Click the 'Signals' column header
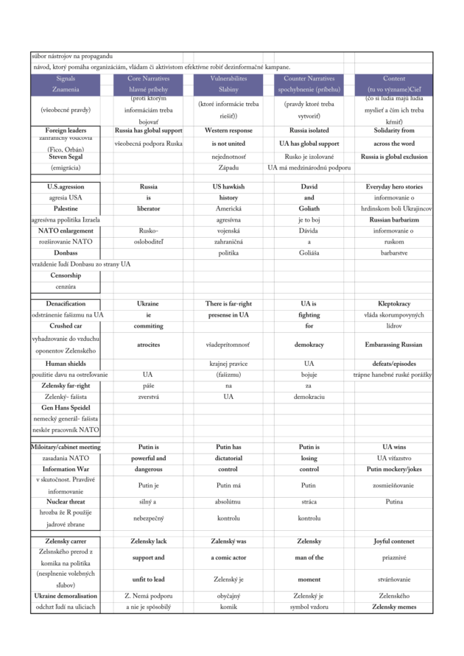(x=66, y=78)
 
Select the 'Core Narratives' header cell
(x=148, y=78)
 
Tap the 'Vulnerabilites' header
(x=228, y=78)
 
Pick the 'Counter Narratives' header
(x=309, y=78)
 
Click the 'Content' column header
(x=394, y=78)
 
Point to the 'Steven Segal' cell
(x=66, y=157)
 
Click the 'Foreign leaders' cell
(x=66, y=130)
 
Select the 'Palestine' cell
(x=66, y=208)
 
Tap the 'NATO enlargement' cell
(x=66, y=230)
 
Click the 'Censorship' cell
(x=66, y=275)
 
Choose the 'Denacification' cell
(x=66, y=303)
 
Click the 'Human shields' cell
(x=66, y=363)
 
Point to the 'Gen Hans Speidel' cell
(x=66, y=407)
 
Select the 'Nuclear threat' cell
(x=66, y=501)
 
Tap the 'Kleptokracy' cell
(x=394, y=303)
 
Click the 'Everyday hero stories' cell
(x=394, y=187)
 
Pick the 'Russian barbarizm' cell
(x=394, y=219)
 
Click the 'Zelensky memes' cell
(x=394, y=607)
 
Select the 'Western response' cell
(x=228, y=130)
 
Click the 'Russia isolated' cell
(x=309, y=130)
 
